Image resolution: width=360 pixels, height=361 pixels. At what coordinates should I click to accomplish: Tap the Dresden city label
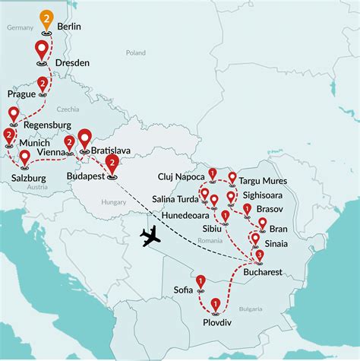tap(73, 62)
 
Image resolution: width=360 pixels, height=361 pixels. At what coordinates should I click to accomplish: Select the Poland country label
tap(136, 53)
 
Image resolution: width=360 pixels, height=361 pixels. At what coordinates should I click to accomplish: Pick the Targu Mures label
tap(265, 183)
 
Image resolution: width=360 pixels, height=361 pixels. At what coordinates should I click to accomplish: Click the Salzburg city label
tap(27, 179)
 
